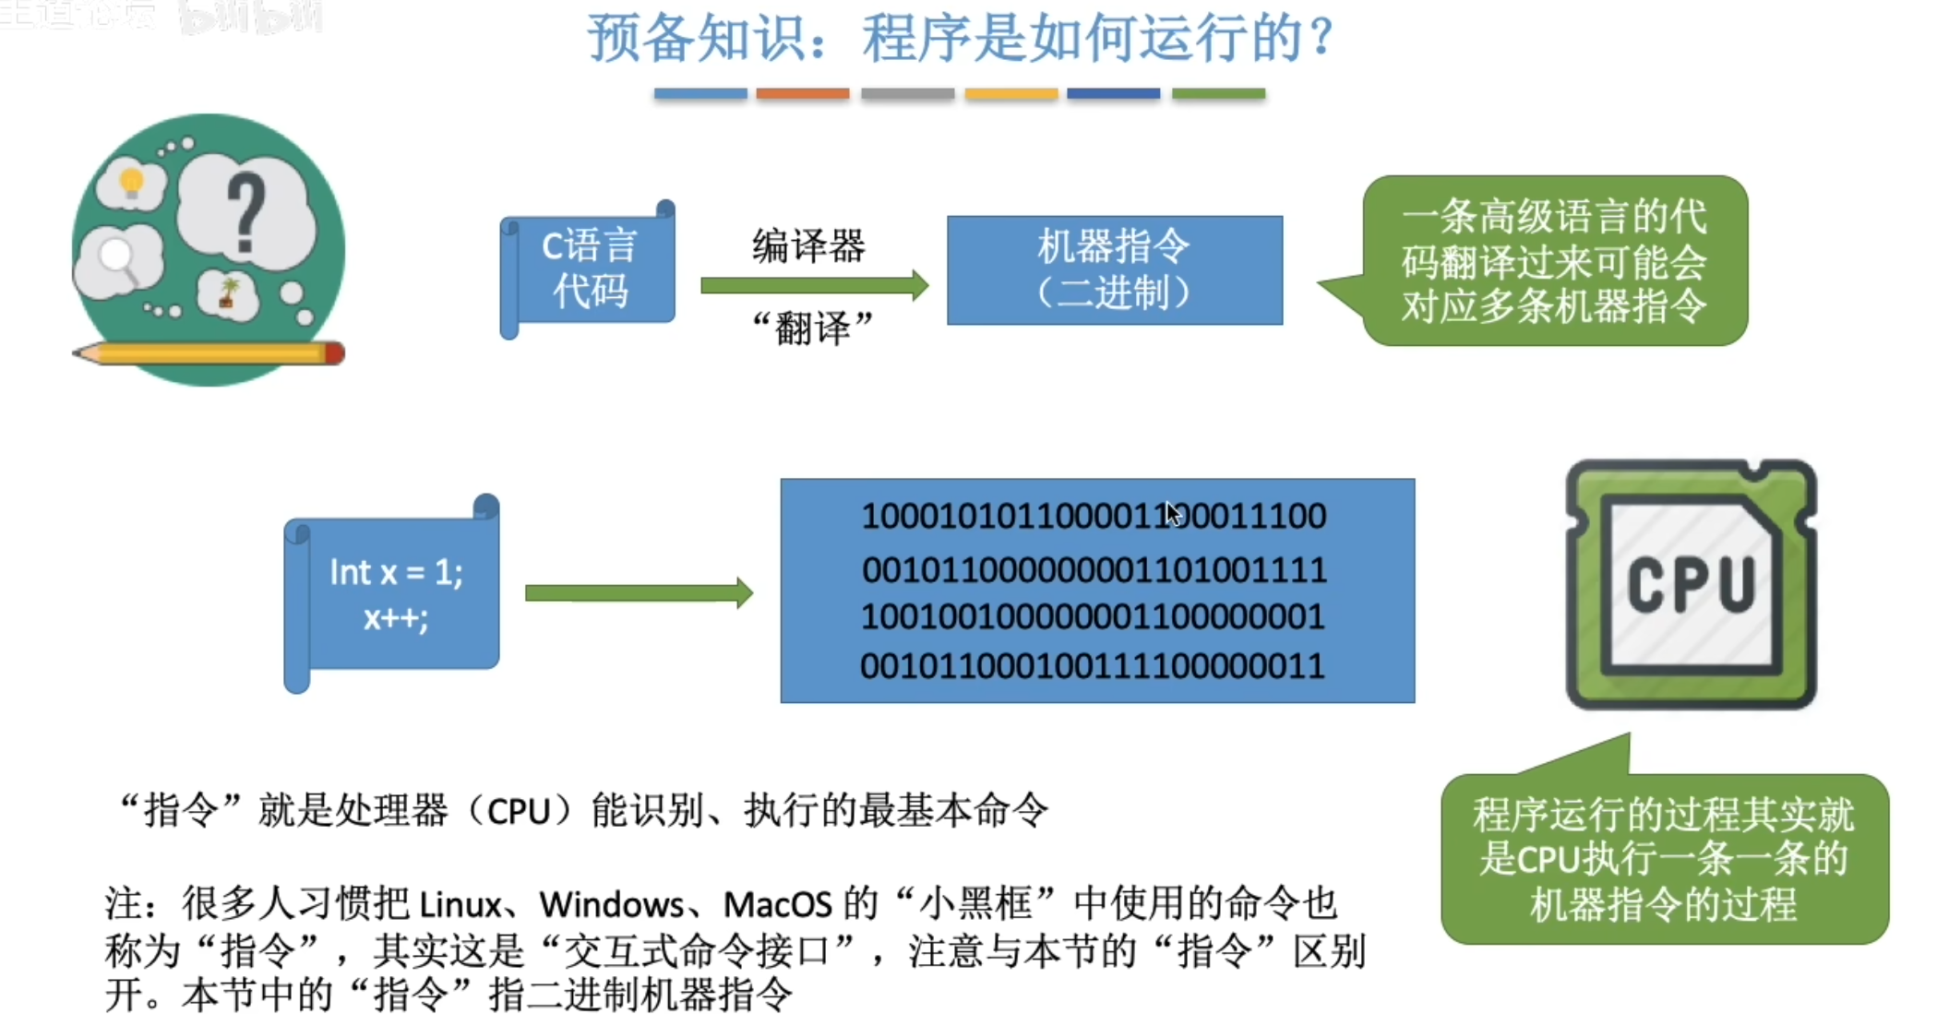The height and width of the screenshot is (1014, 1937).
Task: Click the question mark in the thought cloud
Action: tap(245, 212)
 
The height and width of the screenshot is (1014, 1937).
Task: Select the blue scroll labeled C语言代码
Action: tap(589, 269)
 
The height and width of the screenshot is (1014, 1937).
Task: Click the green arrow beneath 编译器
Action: tap(813, 285)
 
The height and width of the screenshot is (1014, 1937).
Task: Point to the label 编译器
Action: tap(808, 246)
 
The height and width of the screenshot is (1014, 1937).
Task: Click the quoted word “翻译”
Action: tap(812, 328)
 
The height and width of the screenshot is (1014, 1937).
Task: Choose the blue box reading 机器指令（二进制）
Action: tap(1114, 269)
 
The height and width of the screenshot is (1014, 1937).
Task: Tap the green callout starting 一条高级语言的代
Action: tap(1554, 261)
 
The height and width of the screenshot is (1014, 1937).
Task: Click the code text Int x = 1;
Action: tap(396, 573)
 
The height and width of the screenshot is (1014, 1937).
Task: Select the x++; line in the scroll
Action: tap(396, 617)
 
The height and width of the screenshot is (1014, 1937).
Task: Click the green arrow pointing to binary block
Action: tap(638, 592)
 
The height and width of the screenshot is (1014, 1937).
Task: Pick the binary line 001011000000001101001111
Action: tap(1094, 570)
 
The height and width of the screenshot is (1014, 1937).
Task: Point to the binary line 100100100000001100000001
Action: tap(1094, 616)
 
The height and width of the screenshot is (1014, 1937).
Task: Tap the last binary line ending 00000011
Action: tap(1094, 665)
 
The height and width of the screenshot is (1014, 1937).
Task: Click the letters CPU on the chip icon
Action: tap(1691, 585)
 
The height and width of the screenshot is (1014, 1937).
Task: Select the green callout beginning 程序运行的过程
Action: tap(1663, 859)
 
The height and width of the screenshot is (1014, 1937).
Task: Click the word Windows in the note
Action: tap(611, 905)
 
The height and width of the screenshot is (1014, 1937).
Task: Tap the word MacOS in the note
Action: tap(777, 905)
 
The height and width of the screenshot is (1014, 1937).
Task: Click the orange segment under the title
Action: tap(802, 93)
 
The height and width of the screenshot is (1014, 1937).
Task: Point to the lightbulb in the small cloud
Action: tap(132, 182)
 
